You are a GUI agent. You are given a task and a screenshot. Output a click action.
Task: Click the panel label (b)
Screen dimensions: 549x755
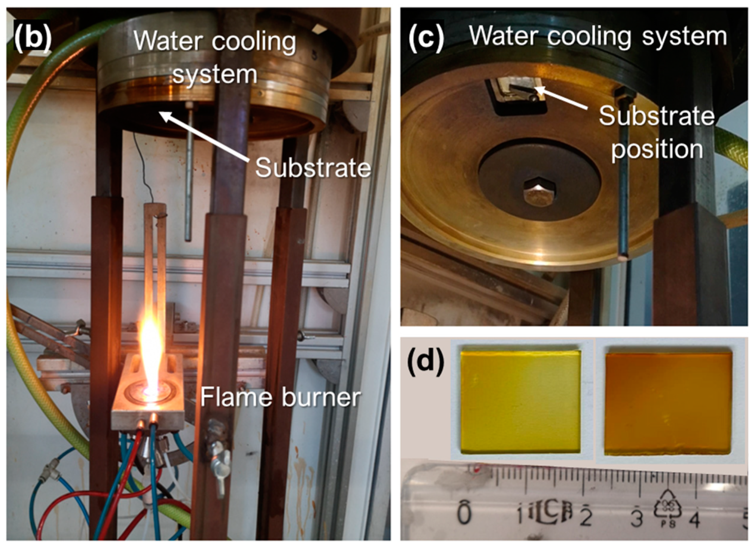[x=32, y=38]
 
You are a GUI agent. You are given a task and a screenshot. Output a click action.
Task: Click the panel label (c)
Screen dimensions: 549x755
[x=426, y=38]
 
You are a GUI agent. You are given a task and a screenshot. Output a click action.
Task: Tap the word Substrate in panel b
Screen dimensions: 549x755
[x=313, y=168]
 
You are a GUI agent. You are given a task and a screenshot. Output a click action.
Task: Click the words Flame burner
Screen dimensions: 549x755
[x=280, y=397]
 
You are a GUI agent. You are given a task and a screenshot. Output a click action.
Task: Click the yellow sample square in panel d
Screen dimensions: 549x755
[x=520, y=401]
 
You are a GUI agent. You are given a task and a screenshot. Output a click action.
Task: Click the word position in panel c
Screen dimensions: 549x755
[x=657, y=149]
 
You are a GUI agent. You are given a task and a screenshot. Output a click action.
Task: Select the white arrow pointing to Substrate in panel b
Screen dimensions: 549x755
[x=204, y=136]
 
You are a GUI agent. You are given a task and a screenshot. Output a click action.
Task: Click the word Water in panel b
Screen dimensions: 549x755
[x=168, y=41]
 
